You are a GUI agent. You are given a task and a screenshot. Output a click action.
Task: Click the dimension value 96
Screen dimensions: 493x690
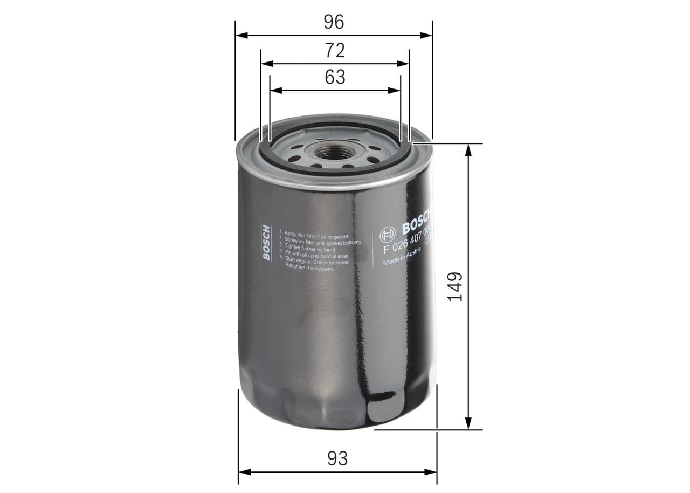click(334, 22)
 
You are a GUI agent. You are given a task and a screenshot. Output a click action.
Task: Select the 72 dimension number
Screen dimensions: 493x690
click(335, 51)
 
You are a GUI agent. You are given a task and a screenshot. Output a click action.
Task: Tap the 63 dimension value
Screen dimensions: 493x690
click(335, 78)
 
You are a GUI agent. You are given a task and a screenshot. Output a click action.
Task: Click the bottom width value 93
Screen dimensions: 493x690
click(337, 458)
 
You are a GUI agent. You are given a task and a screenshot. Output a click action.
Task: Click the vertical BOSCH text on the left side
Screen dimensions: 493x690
click(267, 242)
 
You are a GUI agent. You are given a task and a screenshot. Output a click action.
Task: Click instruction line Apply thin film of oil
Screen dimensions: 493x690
click(317, 232)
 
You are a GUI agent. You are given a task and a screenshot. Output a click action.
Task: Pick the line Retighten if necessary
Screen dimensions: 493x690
click(309, 267)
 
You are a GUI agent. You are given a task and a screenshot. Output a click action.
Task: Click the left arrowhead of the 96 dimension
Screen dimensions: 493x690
click(241, 36)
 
